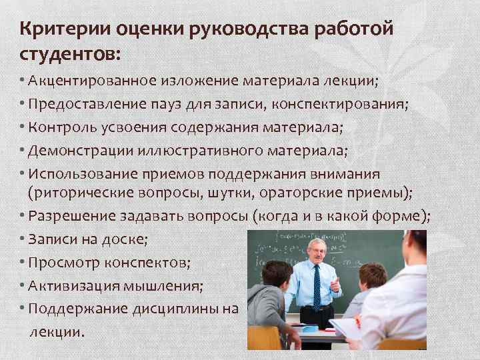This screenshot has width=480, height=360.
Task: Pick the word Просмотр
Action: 63,263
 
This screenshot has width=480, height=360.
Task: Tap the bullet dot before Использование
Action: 23,173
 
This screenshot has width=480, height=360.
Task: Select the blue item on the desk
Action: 311,329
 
